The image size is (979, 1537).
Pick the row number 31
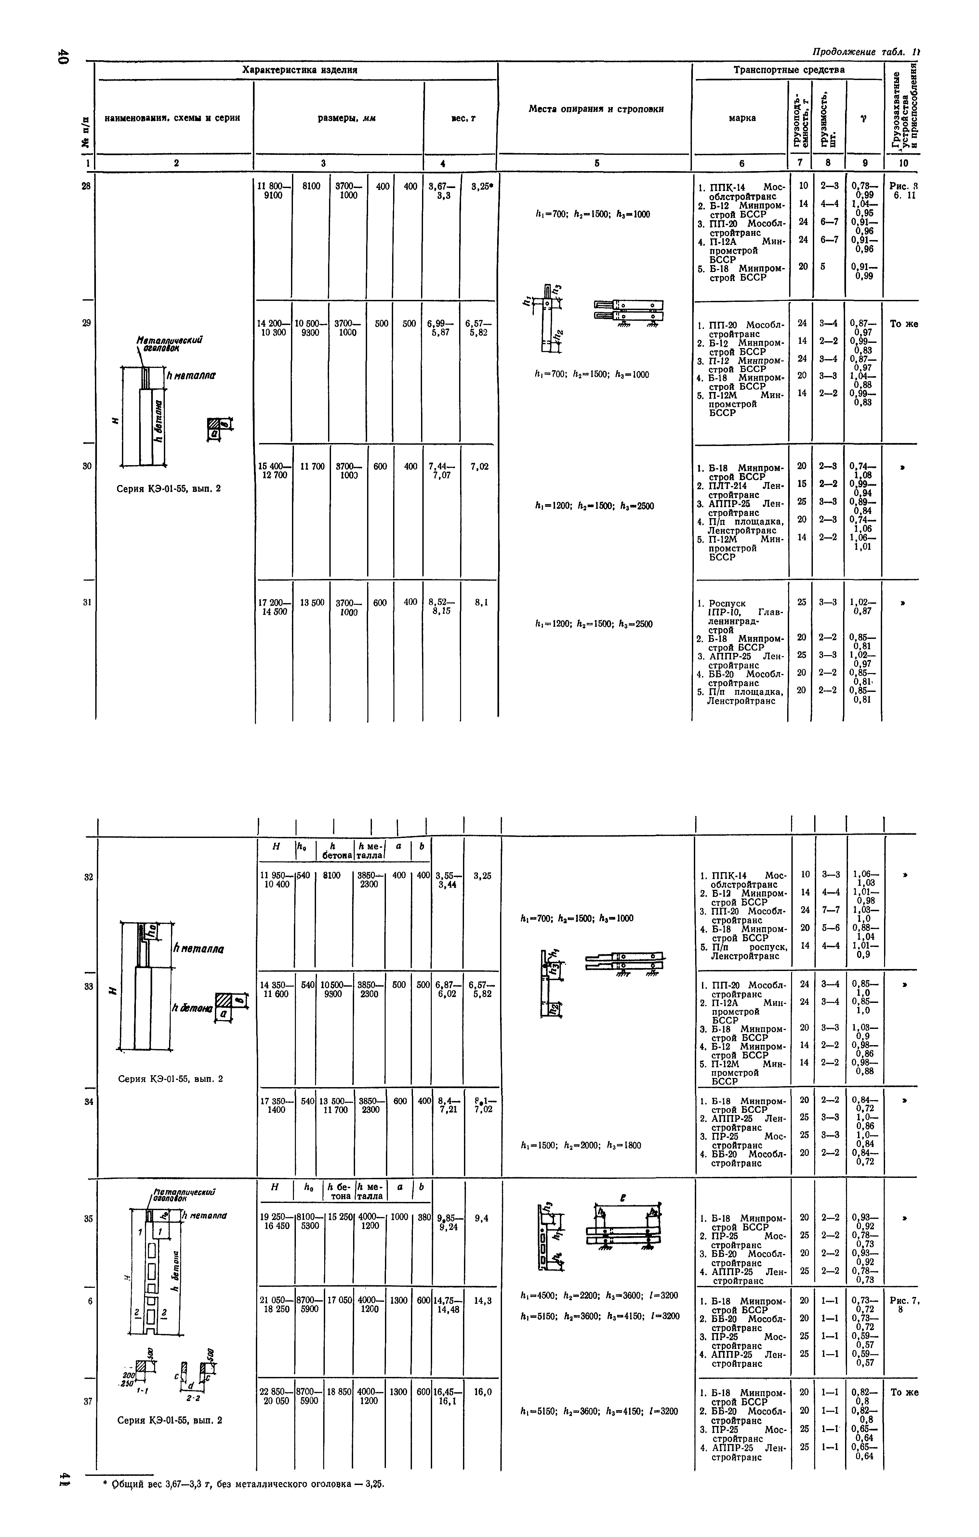click(x=87, y=602)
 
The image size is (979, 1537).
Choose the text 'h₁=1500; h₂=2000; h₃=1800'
click(x=581, y=1145)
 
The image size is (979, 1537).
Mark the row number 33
click(x=88, y=986)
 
